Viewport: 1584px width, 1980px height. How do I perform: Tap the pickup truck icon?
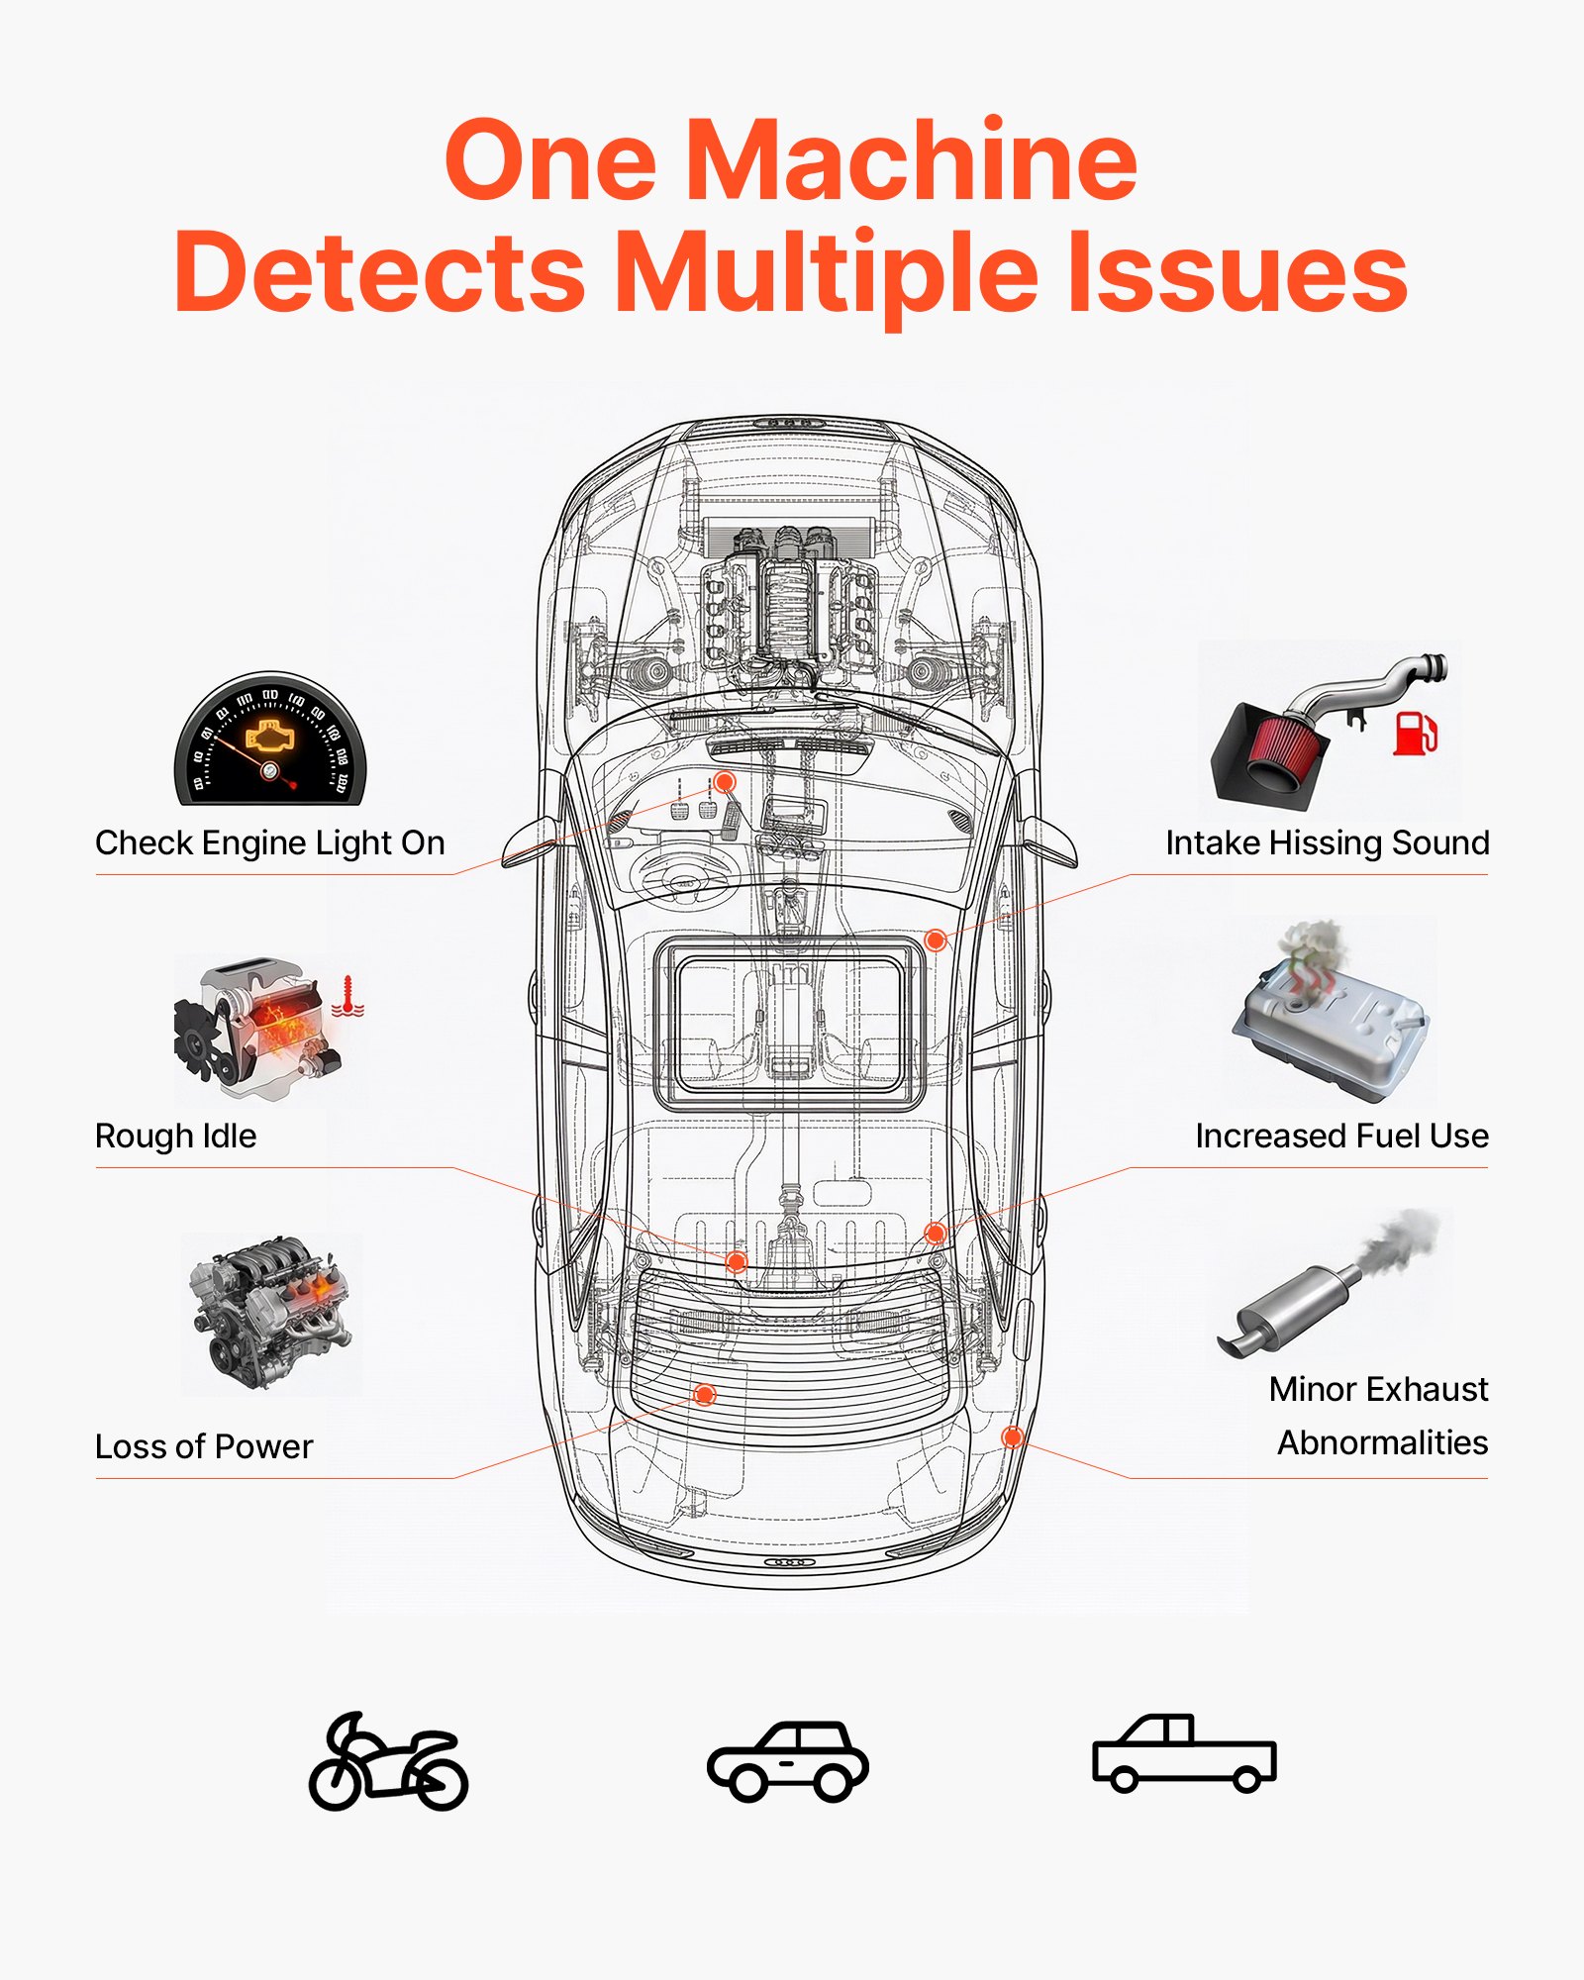1184,1753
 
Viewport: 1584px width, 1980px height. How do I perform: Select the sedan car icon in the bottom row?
788,1761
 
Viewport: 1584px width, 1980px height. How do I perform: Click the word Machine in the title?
911,160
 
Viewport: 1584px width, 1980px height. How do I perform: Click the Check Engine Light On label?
269,842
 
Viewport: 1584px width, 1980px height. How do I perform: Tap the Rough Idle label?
175,1136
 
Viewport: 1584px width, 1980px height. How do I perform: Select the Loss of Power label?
203,1446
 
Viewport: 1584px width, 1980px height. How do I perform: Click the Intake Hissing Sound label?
1327,842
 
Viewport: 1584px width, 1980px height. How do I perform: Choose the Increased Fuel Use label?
1341,1136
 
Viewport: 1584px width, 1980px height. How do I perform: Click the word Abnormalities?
1382,1442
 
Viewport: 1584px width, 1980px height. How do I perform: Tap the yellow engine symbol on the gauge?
270,737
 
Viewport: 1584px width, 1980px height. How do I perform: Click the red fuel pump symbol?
1415,733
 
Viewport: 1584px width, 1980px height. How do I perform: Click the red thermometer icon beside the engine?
347,996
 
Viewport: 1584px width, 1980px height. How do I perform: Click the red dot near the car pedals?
725,782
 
